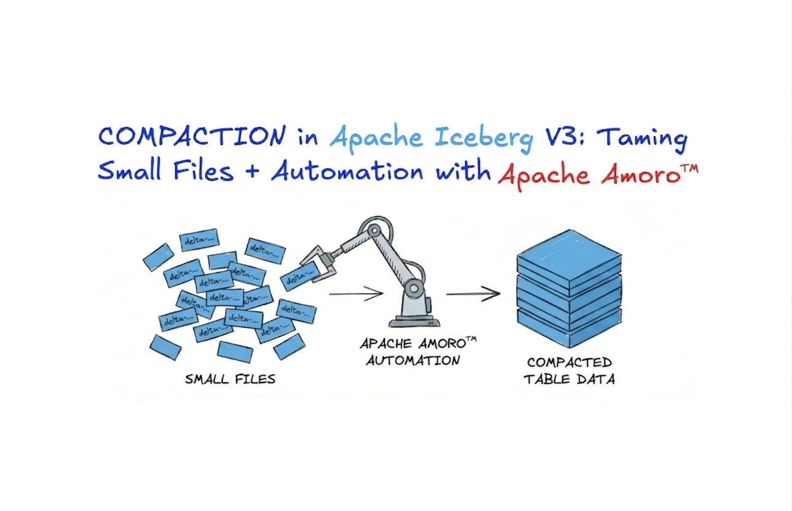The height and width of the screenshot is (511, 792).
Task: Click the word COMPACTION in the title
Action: tap(192, 136)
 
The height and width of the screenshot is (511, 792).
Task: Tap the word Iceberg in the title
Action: tap(484, 139)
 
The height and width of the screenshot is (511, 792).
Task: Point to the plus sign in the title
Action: tap(252, 172)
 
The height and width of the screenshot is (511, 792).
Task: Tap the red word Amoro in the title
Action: tap(641, 175)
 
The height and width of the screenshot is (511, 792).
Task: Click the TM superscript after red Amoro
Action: tap(690, 167)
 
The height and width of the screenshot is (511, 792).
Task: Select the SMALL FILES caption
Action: tap(230, 379)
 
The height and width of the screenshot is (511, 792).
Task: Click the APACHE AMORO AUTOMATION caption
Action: tap(418, 351)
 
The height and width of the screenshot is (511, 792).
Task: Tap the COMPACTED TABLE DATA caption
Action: tap(569, 371)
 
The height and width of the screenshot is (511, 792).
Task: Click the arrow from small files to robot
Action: tap(356, 294)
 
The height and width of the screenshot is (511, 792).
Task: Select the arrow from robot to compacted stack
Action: tap(474, 294)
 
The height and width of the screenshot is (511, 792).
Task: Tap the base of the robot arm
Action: tap(414, 320)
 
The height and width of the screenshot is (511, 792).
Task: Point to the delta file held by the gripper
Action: tap(300, 277)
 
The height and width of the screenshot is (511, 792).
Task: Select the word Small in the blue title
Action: tap(129, 170)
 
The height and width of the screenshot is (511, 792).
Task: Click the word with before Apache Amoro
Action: tap(463, 171)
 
